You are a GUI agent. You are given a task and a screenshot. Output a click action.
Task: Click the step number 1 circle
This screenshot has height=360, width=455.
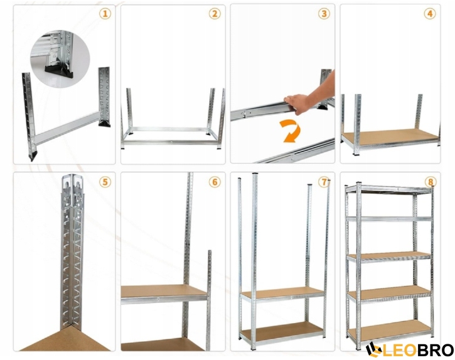[105, 14]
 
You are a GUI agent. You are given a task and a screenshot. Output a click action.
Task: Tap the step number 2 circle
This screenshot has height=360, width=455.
[215, 14]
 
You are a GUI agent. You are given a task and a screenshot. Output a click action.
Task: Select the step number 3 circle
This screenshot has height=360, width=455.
[324, 14]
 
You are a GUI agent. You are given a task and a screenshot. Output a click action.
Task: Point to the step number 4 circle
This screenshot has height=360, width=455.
[430, 14]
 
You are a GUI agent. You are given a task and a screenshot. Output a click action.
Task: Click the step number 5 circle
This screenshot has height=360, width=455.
[105, 182]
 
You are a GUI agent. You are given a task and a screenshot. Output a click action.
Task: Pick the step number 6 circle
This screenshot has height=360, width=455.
[215, 182]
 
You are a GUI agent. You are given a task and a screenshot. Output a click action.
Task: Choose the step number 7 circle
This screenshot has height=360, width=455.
[324, 182]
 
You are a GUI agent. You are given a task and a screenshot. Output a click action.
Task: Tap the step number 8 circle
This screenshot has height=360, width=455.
[431, 182]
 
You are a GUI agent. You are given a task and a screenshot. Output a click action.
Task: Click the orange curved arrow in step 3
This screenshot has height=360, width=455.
[291, 132]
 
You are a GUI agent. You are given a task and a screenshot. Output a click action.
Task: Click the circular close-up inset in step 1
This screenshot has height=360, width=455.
[60, 58]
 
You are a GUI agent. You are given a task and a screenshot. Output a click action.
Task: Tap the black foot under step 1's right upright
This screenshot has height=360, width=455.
[104, 124]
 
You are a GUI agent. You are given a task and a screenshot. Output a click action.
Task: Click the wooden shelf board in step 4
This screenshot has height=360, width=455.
[390, 135]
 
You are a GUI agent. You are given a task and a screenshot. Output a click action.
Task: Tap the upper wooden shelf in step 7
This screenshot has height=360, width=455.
[282, 293]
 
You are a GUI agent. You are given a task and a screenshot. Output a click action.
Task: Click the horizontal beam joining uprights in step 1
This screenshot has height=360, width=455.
[67, 128]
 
